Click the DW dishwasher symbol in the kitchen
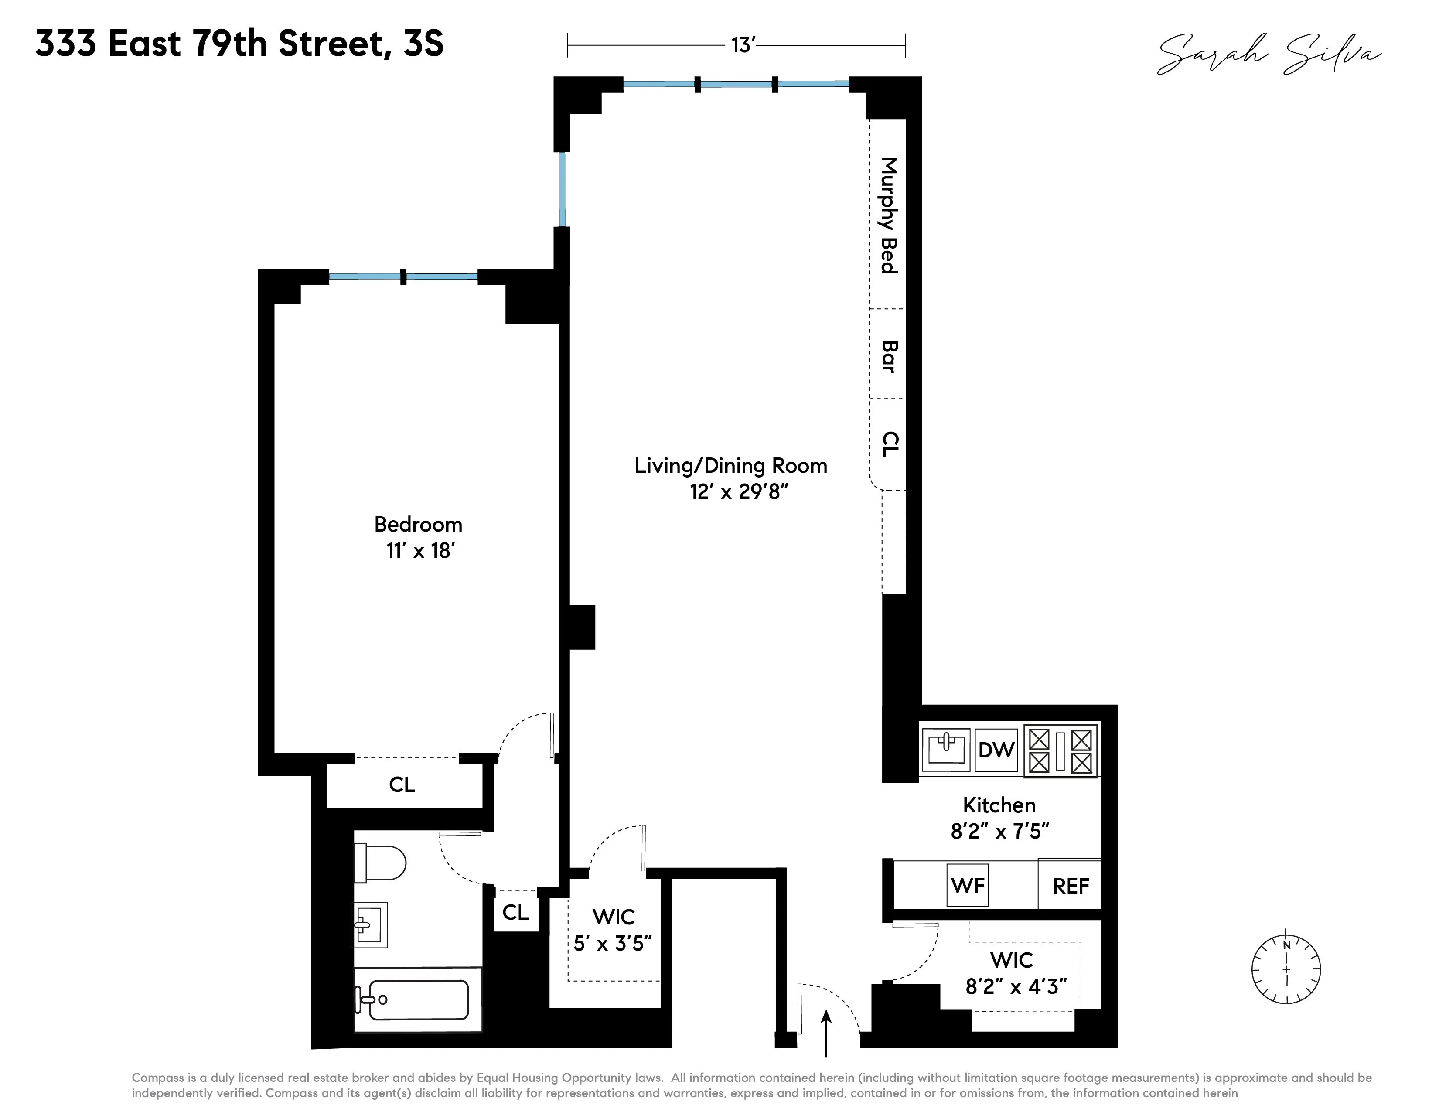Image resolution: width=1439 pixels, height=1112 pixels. pyautogui.click(x=996, y=750)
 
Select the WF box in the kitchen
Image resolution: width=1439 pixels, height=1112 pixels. pyautogui.click(x=968, y=885)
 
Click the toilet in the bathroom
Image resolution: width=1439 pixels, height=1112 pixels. pyautogui.click(x=380, y=863)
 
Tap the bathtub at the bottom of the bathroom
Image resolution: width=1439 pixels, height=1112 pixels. pyautogui.click(x=418, y=999)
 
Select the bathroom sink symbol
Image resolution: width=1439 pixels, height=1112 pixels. pyautogui.click(x=370, y=925)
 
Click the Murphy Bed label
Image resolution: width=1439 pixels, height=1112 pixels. pyautogui.click(x=889, y=215)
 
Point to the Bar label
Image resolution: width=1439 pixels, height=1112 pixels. pyautogui.click(x=889, y=356)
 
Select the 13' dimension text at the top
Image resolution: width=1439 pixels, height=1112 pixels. pyautogui.click(x=743, y=45)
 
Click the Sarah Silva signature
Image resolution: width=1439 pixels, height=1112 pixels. pyautogui.click(x=1269, y=54)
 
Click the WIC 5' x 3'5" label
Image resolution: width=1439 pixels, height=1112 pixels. pyautogui.click(x=613, y=930)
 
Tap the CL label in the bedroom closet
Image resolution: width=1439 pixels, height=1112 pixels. pyautogui.click(x=402, y=785)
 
